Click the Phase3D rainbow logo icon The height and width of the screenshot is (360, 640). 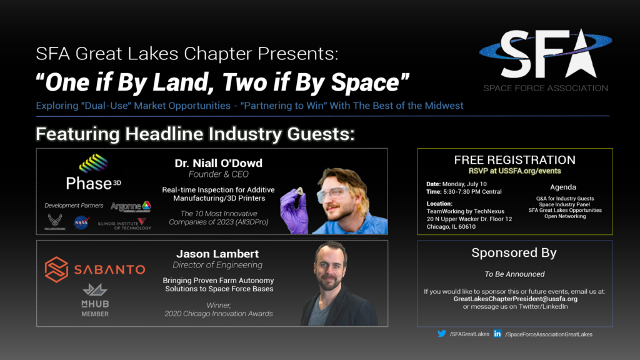click(x=93, y=164)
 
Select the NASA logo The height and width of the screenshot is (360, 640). click(x=82, y=222)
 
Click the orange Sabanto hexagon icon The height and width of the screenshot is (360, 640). click(x=56, y=269)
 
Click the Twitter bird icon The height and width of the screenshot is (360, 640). click(x=442, y=334)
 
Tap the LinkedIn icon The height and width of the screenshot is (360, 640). click(x=497, y=334)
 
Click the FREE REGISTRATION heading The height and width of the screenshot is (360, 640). click(x=514, y=160)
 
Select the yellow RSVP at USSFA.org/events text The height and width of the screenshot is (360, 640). click(x=514, y=171)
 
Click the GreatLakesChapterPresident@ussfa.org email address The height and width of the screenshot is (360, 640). click(x=514, y=299)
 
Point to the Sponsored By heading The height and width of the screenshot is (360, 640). click(x=514, y=253)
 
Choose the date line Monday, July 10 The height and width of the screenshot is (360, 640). click(x=462, y=184)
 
